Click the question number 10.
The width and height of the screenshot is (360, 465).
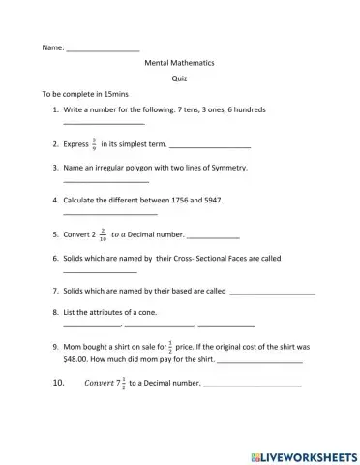[x=58, y=383]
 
